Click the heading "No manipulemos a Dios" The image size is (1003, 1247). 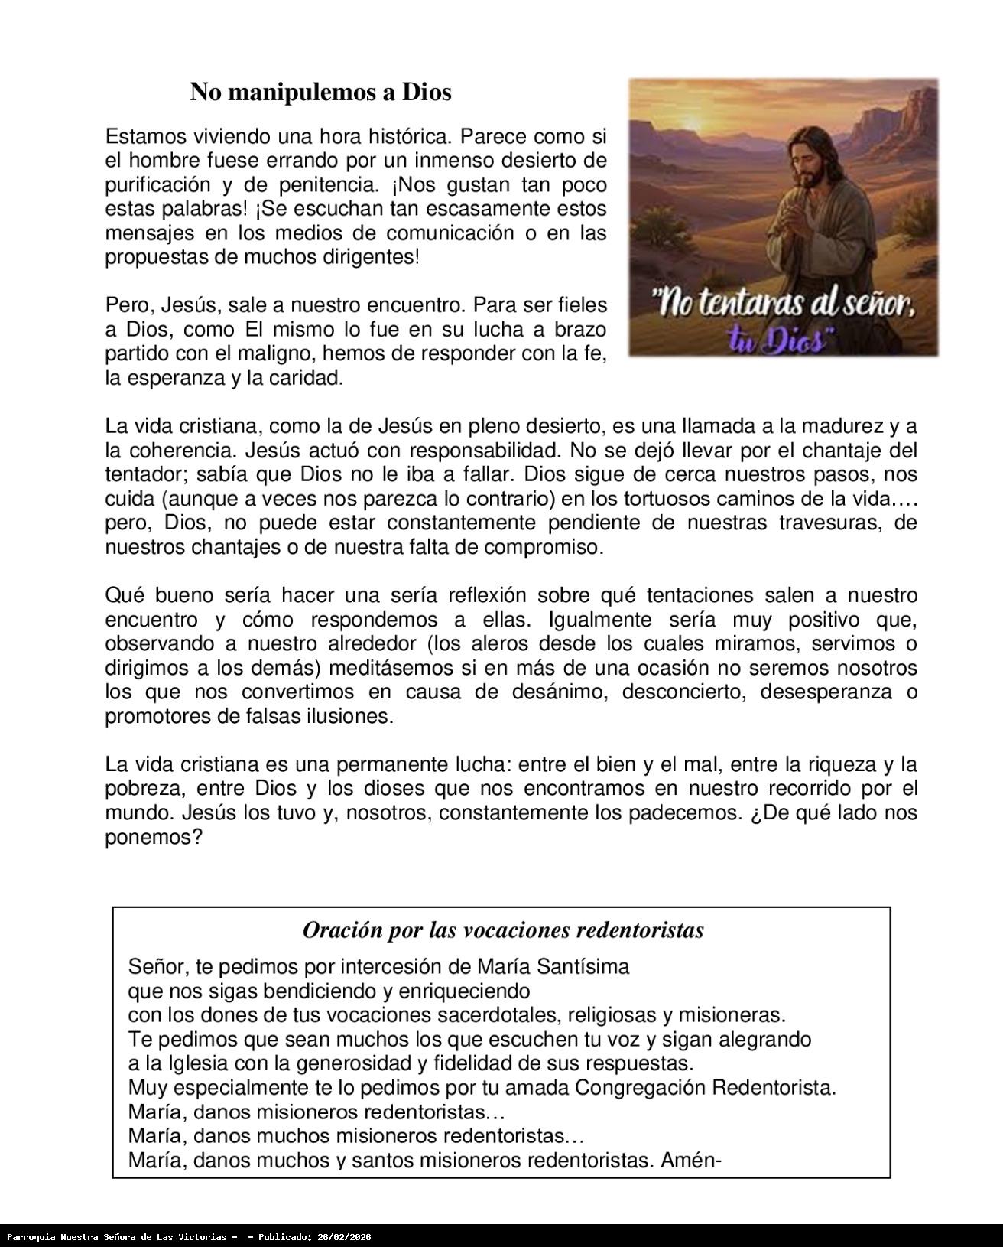click(320, 92)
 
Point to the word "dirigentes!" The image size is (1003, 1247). click(370, 257)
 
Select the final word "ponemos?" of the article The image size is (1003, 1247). click(153, 838)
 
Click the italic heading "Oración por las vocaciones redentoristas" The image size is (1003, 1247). click(503, 930)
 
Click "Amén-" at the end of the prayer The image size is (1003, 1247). click(691, 1161)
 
